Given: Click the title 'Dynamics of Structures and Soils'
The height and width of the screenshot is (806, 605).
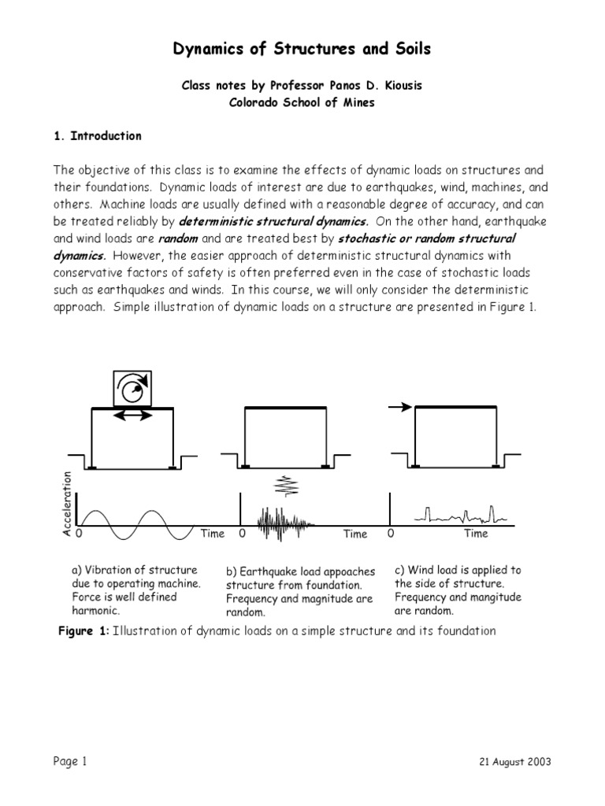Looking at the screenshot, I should (302, 50).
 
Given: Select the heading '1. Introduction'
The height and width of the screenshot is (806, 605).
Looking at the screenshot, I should (98, 135).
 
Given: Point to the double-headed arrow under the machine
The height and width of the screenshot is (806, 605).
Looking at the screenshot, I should (133, 415).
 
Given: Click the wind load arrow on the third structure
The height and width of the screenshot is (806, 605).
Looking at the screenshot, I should (401, 407).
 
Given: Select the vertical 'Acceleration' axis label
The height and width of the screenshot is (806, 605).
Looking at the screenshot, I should (67, 504).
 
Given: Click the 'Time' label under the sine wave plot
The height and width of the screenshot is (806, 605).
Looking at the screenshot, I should (212, 534).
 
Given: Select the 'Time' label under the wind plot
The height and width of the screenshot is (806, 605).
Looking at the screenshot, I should (476, 534).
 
